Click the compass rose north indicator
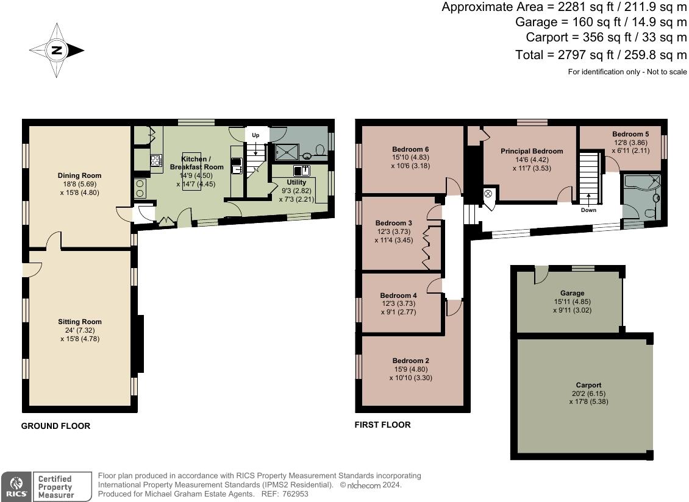(57, 50)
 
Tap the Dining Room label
(79, 175)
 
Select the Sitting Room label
(80, 322)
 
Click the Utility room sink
(302, 171)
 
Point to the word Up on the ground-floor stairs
(255, 135)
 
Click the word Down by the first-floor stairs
(588, 210)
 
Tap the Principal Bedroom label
(532, 151)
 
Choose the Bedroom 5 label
(630, 134)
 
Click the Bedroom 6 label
(410, 149)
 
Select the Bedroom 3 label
(394, 223)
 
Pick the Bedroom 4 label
(399, 295)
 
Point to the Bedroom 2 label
(411, 361)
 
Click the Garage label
(572, 293)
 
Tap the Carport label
(589, 385)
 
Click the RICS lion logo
(16, 486)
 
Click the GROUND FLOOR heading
(56, 426)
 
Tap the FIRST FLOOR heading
(383, 425)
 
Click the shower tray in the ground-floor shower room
(287, 152)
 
